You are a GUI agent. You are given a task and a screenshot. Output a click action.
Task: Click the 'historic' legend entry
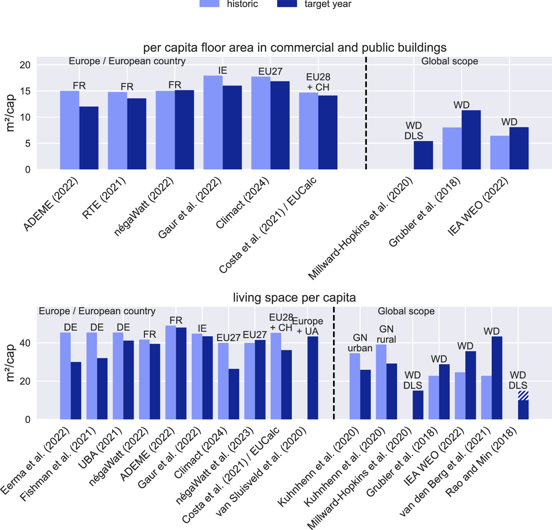click(242, 4)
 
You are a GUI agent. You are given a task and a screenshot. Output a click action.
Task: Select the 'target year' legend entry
click(328, 4)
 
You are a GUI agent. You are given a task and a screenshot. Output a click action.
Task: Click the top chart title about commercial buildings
click(294, 48)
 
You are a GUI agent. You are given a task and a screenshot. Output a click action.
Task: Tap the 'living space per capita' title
click(294, 297)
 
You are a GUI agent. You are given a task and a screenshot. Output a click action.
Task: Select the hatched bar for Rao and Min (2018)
click(523, 396)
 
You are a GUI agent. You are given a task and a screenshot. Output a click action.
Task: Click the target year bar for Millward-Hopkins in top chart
click(423, 155)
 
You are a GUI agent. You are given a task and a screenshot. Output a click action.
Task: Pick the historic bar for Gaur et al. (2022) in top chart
click(213, 123)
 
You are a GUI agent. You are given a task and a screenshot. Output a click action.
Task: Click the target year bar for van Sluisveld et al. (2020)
click(313, 378)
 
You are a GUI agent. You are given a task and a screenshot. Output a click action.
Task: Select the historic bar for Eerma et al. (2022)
click(66, 376)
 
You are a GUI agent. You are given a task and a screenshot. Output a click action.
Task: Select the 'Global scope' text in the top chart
click(449, 61)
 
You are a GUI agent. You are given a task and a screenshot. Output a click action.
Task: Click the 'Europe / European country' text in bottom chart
click(97, 311)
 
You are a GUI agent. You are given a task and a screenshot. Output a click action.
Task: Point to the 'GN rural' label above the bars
click(386, 334)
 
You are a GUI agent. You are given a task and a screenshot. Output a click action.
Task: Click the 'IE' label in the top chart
click(222, 70)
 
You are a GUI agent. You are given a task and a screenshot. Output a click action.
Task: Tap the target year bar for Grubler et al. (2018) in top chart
click(471, 140)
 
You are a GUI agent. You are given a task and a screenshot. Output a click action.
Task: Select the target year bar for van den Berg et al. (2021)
click(497, 378)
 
